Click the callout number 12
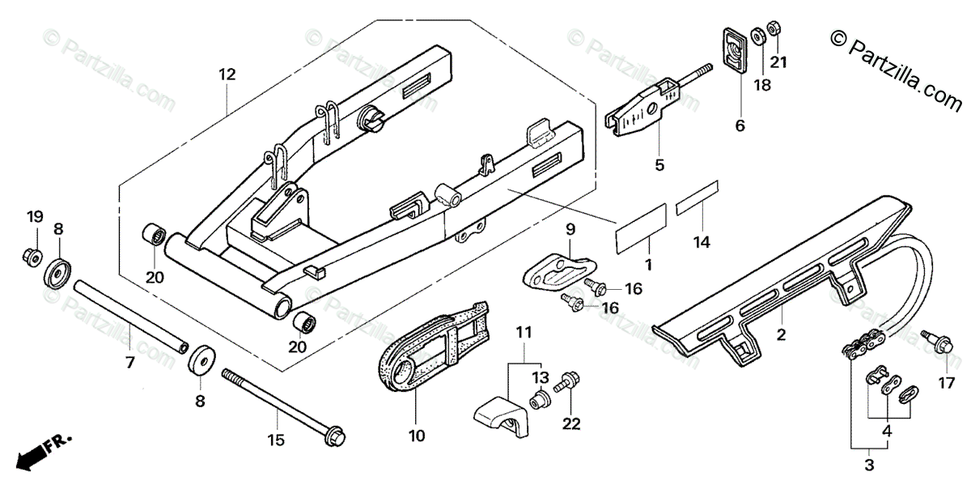pos(227,74)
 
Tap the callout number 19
pos(34,216)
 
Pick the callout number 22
pos(572,423)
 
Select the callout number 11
pos(524,331)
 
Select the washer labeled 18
pos(758,36)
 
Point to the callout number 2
pos(782,334)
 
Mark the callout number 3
pos(869,466)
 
